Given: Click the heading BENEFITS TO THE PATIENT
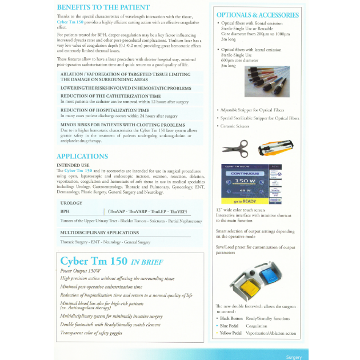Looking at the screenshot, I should (103, 7).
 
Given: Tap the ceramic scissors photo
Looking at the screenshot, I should (235, 148).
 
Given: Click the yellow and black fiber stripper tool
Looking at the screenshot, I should (276, 148).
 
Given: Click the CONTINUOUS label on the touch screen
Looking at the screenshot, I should (245, 174).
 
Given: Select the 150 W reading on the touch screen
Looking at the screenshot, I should (245, 182).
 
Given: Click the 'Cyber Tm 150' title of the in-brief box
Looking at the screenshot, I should (94, 262).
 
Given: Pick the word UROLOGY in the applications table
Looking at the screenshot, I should (71, 203).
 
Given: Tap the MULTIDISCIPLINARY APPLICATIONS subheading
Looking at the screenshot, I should (99, 233).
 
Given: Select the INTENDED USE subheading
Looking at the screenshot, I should (73, 165).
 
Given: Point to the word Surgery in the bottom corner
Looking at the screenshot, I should (293, 357).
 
